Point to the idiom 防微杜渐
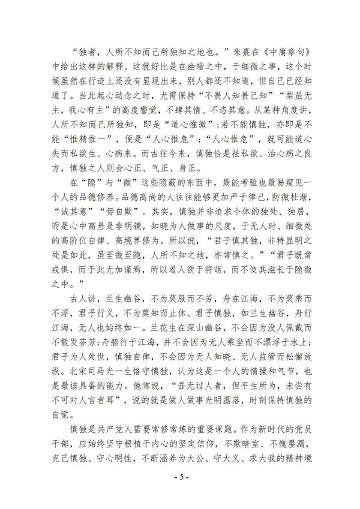(x=294, y=179)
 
